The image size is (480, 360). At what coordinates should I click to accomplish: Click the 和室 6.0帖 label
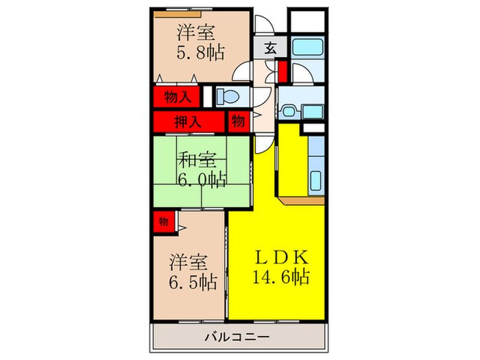(x=200, y=170)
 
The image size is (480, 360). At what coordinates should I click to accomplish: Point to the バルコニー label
(x=237, y=337)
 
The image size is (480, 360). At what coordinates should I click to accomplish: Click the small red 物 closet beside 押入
(x=237, y=121)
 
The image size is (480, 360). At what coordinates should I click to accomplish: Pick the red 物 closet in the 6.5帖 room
(x=163, y=222)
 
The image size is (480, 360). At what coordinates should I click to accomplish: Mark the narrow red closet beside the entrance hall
(x=282, y=71)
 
